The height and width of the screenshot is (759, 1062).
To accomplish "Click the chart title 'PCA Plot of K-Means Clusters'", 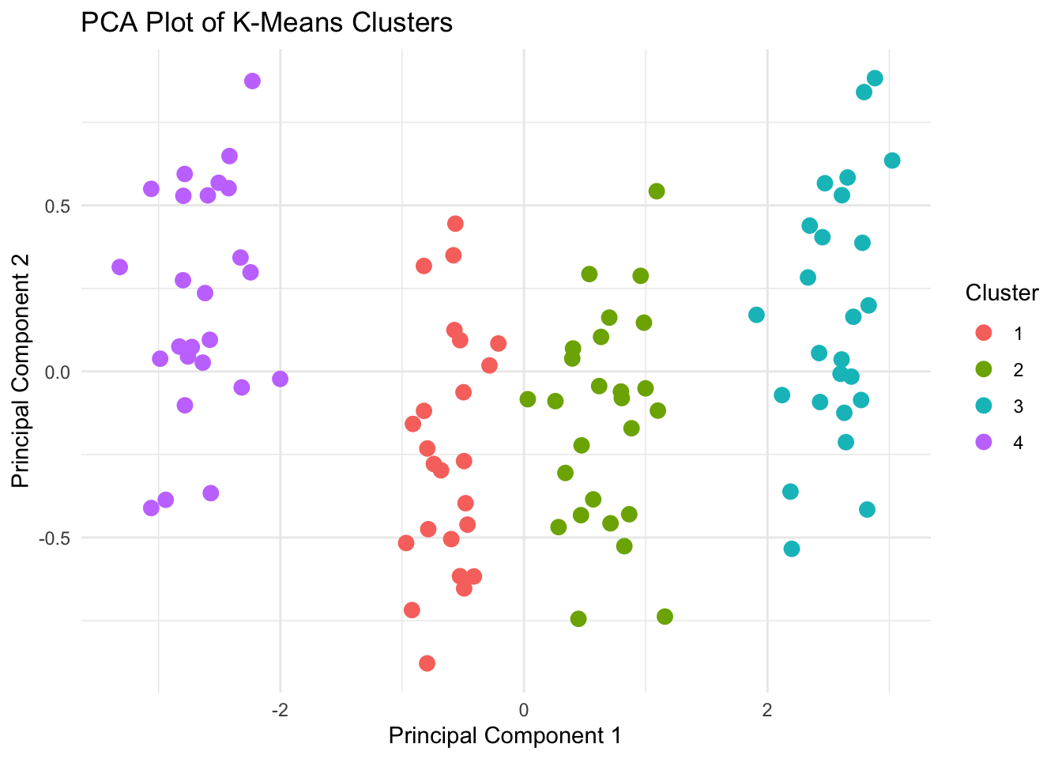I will pos(266,23).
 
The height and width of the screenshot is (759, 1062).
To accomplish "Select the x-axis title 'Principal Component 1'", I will pos(505,735).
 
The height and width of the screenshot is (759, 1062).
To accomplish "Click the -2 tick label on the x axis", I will pos(279,709).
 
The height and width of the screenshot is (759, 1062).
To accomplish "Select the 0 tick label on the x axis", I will pos(524,709).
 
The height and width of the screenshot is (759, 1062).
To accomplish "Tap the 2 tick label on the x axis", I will pos(766,709).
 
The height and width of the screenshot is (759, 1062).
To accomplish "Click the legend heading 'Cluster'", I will pos(1001,293).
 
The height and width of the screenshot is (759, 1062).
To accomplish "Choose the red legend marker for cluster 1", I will pos(984,334).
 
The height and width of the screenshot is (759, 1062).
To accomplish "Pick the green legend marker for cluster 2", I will pos(984,370).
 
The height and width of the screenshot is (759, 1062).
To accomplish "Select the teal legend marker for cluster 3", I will pos(984,406).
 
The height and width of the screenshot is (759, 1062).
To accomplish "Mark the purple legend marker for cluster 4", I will pos(984,443).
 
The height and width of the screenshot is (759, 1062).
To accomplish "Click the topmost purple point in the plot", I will pos(252,81).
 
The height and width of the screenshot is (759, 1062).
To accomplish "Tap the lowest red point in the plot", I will pos(427,663).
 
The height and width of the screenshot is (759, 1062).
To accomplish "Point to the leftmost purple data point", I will pos(120,267).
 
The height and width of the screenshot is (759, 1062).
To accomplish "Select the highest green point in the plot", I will pos(657,191).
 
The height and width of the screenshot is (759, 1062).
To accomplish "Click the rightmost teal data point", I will pos(892,160).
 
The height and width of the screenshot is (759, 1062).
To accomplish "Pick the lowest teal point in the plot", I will pos(792,549).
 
